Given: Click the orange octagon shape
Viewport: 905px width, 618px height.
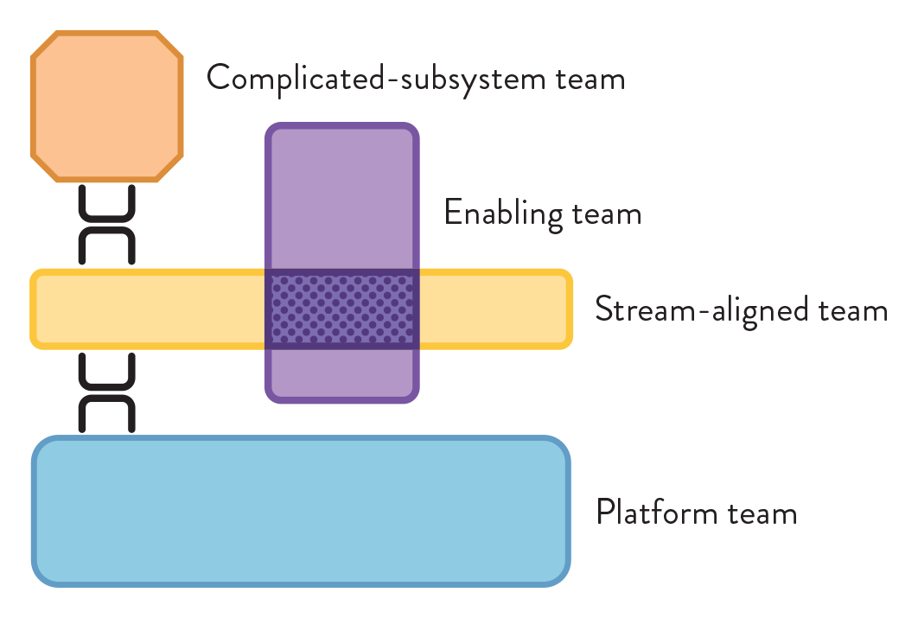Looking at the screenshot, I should (107, 106).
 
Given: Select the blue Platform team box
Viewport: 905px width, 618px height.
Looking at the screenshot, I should (301, 512).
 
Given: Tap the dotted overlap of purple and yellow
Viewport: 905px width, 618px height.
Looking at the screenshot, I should (341, 309).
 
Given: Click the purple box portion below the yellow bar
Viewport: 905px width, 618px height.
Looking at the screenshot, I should (341, 373).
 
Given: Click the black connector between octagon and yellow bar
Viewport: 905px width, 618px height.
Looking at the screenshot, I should (107, 225).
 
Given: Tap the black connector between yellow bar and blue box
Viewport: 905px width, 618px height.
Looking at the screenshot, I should (107, 393).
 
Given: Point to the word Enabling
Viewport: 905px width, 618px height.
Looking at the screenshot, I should (503, 213).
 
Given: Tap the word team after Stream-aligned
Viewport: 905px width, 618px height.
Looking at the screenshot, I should (852, 309).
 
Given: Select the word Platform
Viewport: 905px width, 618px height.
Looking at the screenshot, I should (658, 513).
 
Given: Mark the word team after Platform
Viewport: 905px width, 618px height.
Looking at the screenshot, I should (762, 513).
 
